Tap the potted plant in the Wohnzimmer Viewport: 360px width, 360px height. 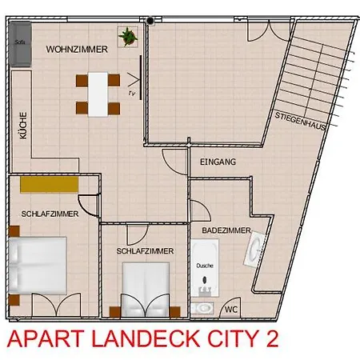click(x=127, y=36)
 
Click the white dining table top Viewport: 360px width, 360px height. click(x=98, y=93)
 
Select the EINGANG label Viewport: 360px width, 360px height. click(x=218, y=162)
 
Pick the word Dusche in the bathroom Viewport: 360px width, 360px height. click(x=206, y=264)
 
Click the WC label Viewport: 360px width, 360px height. click(x=231, y=309)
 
